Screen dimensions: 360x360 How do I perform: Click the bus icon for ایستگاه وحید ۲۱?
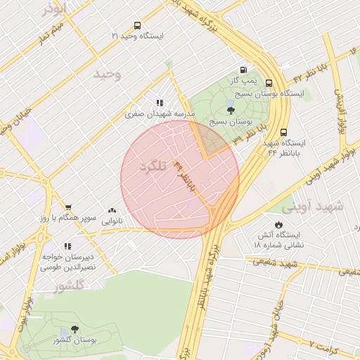(136, 25)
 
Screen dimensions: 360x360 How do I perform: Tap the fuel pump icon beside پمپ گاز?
(243, 70)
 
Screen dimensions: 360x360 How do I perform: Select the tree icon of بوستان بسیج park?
(231, 109)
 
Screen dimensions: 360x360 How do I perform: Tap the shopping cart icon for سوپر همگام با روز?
(67, 207)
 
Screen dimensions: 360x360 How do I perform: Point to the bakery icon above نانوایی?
(112, 210)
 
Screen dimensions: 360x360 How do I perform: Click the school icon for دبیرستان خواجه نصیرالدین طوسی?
(67, 246)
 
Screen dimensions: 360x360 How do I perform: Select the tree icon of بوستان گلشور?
(75, 329)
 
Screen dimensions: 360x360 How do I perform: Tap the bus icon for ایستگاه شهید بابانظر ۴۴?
(283, 131)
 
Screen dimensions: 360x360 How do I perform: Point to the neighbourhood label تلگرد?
(154, 167)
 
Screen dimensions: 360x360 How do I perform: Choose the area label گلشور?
(70, 285)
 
